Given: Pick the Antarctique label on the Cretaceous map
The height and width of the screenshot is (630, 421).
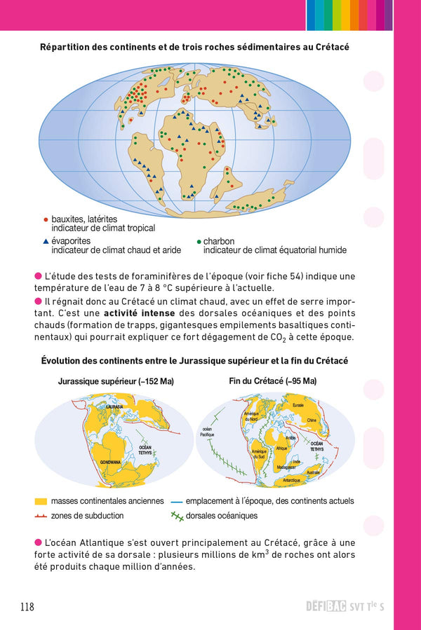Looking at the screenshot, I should [291, 480].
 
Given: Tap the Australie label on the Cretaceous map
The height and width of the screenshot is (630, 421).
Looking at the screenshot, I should [314, 472].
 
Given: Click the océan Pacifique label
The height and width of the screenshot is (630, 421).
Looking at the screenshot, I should [207, 432].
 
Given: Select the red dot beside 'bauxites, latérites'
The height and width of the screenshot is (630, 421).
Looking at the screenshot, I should [46, 219].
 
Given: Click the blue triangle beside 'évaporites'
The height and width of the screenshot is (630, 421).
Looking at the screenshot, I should [46, 240].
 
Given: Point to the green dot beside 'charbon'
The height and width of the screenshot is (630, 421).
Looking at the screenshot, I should [199, 240].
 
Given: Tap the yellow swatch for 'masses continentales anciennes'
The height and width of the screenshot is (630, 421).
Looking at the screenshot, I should [41, 502].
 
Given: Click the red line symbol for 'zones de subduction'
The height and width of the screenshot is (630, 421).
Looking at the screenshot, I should [41, 516].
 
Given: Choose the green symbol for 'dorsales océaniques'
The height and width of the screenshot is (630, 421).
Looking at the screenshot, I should [176, 516].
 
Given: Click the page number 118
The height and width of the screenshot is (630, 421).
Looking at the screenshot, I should [27, 607].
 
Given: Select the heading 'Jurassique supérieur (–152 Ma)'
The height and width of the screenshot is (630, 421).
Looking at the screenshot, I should [116, 381].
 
